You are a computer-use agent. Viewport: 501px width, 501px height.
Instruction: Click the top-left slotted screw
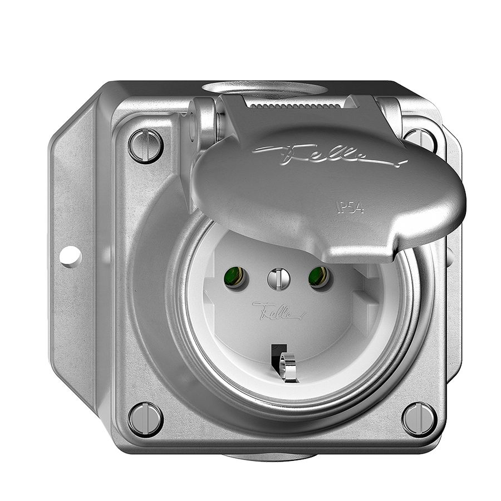coord(146,145)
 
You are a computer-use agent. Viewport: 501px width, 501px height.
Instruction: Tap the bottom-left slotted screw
coord(145,419)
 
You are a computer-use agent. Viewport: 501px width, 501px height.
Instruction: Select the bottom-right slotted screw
coord(419,419)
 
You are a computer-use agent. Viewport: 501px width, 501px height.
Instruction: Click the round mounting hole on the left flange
coord(71,257)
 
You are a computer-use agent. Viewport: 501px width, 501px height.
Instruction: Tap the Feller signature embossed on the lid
coord(328,154)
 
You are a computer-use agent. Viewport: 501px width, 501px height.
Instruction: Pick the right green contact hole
coord(318,277)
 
